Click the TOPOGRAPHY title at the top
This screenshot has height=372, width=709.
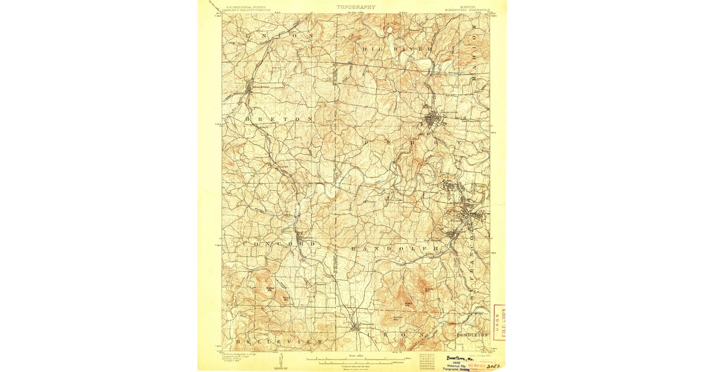click(356, 7)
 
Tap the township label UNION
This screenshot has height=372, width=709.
click(278, 37)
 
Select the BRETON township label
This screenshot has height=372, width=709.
click(278, 119)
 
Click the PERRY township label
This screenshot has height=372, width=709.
click(414, 143)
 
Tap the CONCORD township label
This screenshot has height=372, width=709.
click(278, 243)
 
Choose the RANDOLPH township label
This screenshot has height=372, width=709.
click(395, 249)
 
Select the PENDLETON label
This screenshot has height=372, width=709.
click(473, 335)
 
